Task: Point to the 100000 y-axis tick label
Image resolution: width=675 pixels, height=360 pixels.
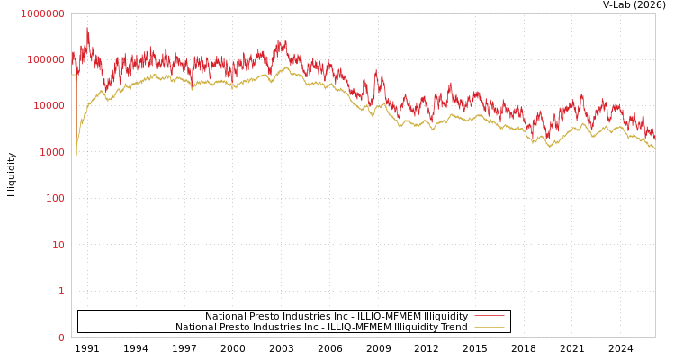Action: (45, 59)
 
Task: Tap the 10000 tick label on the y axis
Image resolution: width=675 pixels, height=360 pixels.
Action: (48, 106)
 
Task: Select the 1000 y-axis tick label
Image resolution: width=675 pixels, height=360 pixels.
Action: (50, 152)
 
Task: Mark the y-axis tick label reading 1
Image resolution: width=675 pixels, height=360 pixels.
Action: (61, 291)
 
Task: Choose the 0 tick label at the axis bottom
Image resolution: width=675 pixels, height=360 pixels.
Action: (61, 337)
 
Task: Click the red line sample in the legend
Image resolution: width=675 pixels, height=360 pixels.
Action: (489, 316)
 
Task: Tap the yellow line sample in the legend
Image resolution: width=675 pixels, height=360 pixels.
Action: (489, 327)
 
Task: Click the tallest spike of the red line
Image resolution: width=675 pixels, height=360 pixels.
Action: (87, 28)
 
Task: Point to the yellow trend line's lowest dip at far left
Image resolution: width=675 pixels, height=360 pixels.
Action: (76, 155)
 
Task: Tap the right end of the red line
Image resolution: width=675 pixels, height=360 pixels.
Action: (654, 137)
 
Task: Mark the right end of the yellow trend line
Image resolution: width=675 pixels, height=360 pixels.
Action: (654, 148)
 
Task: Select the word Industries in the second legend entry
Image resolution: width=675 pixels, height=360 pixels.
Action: (281, 328)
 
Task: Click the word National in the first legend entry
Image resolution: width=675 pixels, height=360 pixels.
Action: (225, 317)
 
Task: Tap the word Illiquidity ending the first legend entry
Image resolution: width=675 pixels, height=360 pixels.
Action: (445, 317)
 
